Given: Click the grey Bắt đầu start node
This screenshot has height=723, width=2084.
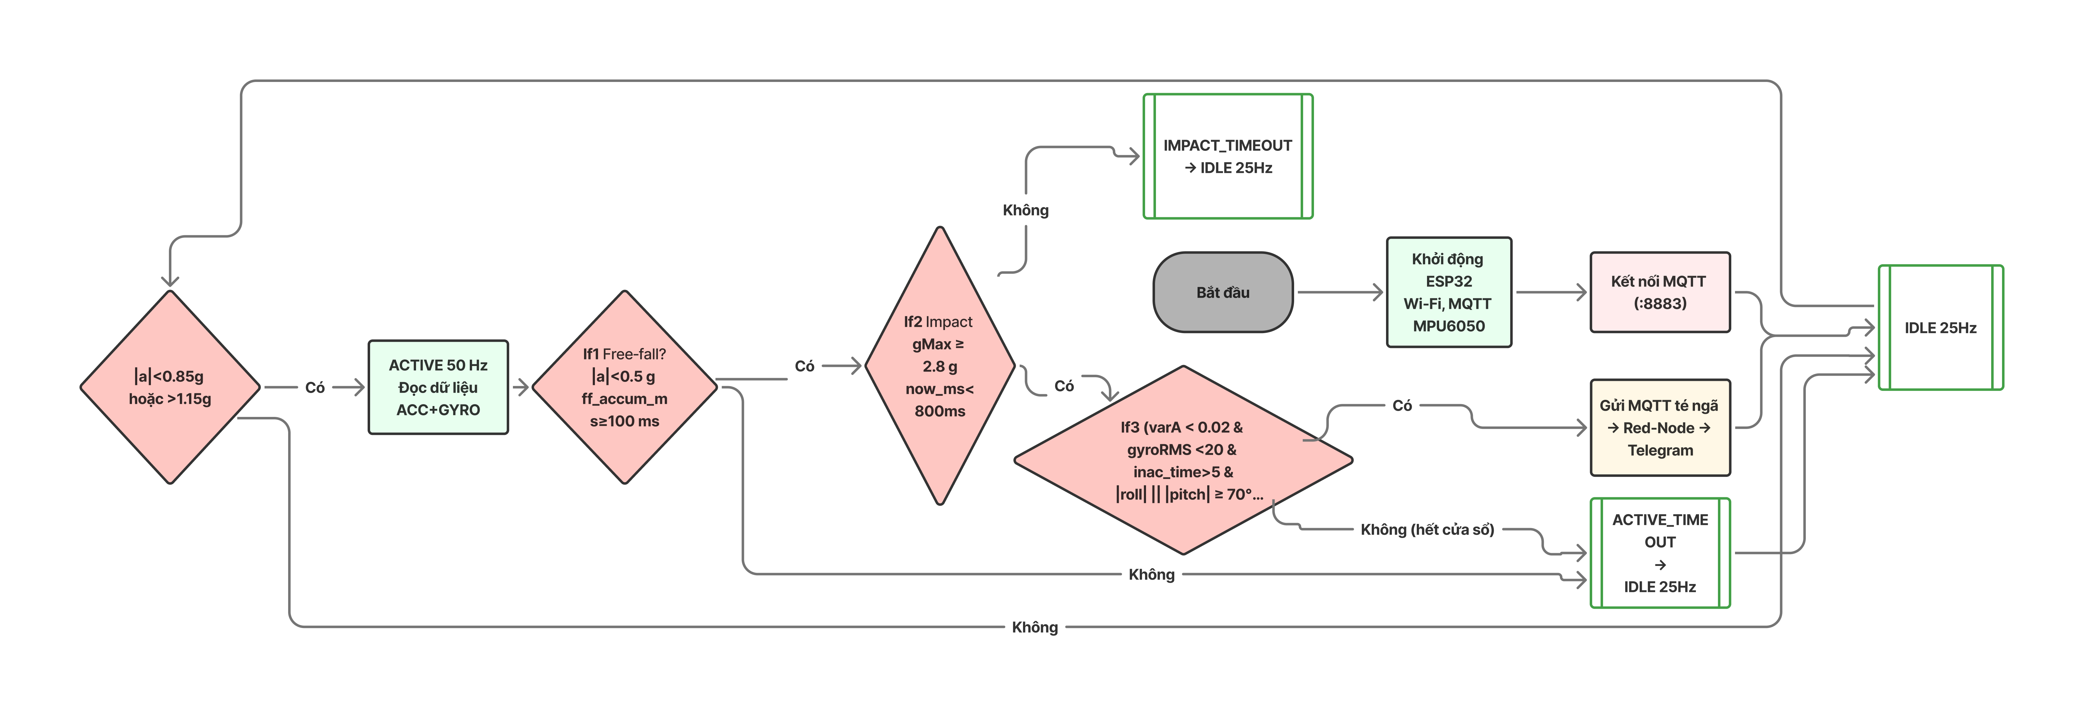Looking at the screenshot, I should [1222, 292].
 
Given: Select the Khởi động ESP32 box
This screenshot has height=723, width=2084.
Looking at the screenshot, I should [1448, 292].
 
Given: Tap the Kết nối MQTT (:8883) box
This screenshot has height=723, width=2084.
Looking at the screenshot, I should [1659, 292].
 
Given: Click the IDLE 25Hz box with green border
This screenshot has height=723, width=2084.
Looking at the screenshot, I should [1940, 328].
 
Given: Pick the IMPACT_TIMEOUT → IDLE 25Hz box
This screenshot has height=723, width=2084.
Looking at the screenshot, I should [1227, 156].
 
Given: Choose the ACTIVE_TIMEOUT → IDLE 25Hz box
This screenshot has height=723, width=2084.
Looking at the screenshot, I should [1659, 553].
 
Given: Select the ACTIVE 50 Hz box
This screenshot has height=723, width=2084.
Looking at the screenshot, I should [438, 387].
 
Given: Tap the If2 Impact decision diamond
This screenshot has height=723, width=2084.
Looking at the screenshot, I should [939, 366].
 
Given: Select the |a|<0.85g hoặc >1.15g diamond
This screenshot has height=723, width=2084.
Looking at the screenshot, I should [170, 387].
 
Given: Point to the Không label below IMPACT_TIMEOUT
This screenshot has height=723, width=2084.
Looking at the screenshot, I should [1025, 210].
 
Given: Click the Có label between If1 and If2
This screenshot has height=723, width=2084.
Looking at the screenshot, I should [804, 366].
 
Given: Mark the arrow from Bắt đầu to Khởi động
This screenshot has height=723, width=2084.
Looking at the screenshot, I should [1339, 292].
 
